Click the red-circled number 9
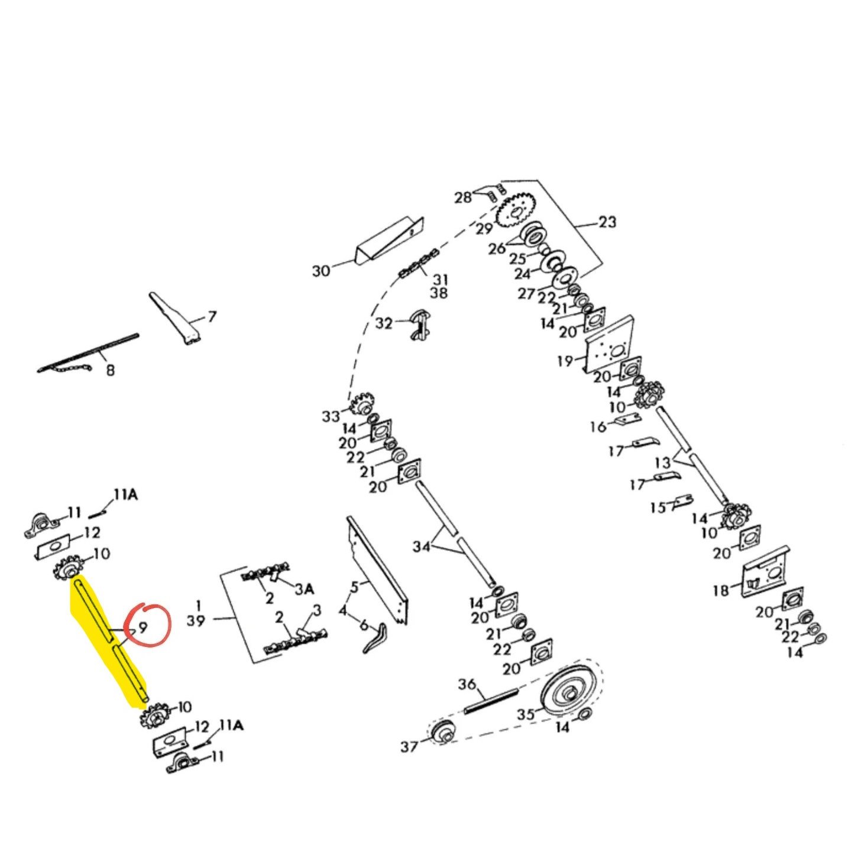coord(143,626)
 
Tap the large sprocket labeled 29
coord(516,211)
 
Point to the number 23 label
coord(607,222)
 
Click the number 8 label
coord(110,371)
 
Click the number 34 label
coord(421,547)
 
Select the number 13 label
coord(663,462)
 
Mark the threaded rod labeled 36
coord(491,701)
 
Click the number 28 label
coord(463,198)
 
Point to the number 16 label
coord(598,426)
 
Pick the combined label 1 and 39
coord(196,613)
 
